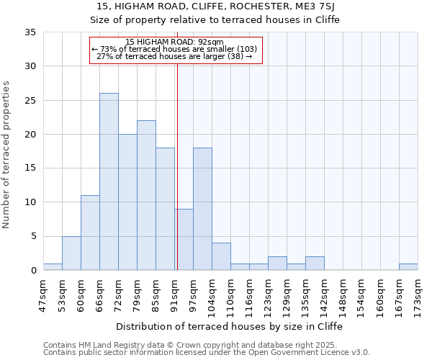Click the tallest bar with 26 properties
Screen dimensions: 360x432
[109, 181]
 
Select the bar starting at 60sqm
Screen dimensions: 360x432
[90, 233]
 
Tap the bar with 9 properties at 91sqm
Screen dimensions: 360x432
[184, 239]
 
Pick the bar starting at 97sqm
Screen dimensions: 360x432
[202, 209]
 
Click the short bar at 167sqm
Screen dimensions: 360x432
[408, 267]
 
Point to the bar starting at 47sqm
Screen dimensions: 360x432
[53, 267]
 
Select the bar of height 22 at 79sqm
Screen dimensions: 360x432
[146, 195]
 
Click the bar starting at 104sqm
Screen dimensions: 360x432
[221, 256]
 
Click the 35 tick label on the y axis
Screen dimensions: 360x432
[30, 32]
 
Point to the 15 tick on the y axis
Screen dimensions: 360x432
[30, 168]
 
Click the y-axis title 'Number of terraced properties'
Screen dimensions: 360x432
[6, 155]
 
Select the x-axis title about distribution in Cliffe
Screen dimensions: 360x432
[230, 326]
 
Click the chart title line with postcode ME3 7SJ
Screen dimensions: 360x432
[230, 6]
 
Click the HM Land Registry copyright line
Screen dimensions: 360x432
[205, 345]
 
